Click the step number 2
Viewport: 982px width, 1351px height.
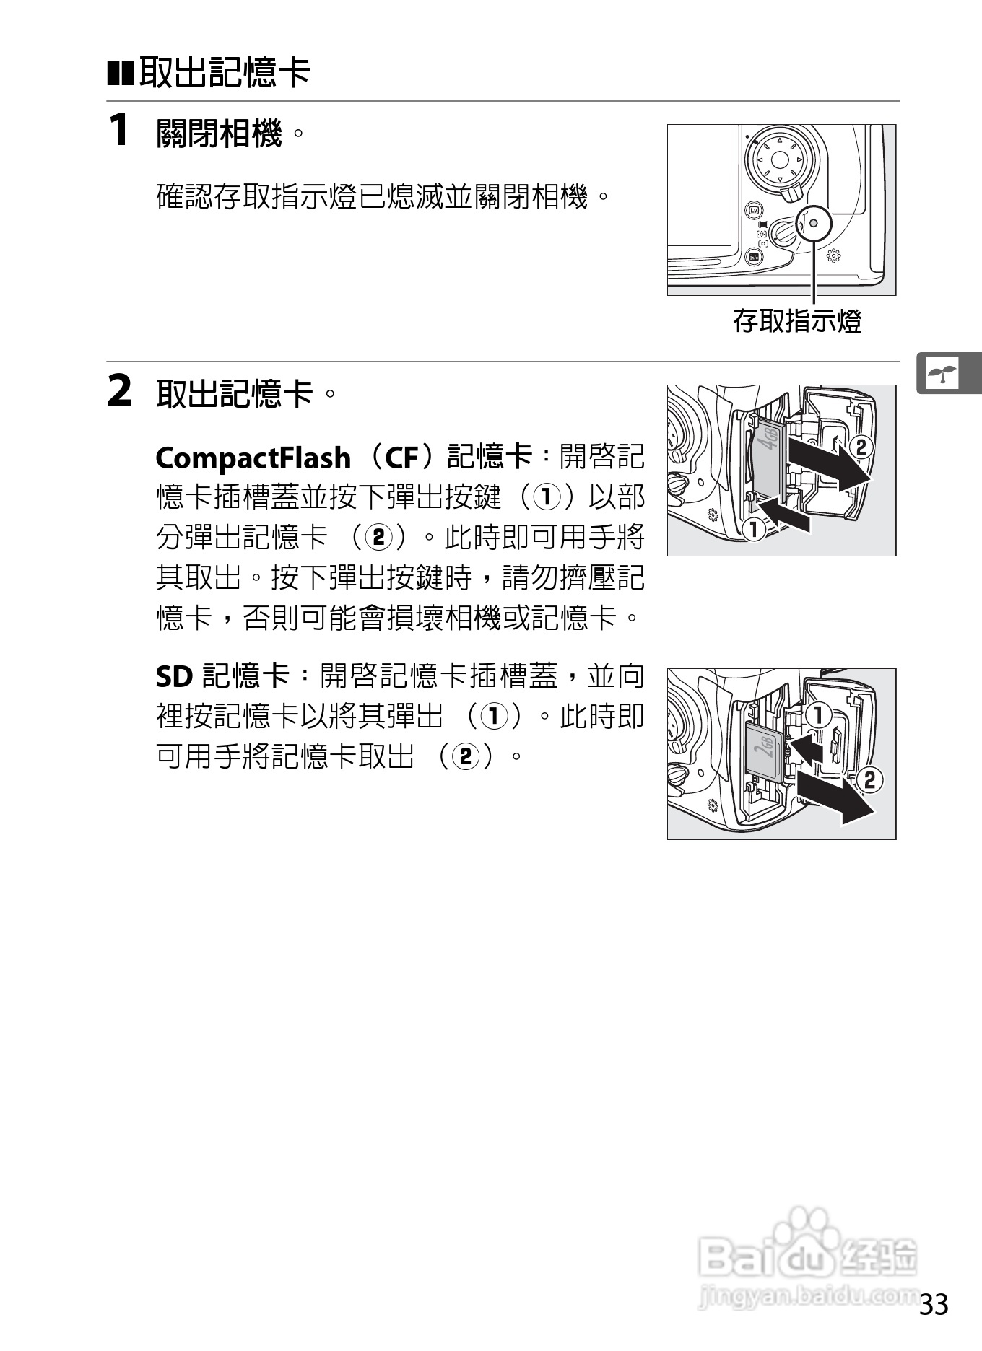coord(119,392)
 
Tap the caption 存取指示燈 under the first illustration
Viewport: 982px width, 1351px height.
coord(797,320)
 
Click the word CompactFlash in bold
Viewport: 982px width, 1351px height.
coord(253,458)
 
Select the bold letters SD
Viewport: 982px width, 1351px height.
coord(174,676)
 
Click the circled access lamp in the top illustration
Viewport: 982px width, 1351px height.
coord(814,224)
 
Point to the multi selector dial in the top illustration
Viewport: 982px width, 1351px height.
coord(778,159)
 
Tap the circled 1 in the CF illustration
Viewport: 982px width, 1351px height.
coord(753,529)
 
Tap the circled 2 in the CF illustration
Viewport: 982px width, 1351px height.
coord(861,446)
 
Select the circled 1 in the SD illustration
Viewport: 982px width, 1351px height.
coord(817,716)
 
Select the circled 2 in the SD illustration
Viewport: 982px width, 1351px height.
coord(869,779)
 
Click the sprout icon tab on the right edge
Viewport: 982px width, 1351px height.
coord(944,374)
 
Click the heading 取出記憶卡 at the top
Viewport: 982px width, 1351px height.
coord(224,72)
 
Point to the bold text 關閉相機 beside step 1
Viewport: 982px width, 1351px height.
coord(218,133)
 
